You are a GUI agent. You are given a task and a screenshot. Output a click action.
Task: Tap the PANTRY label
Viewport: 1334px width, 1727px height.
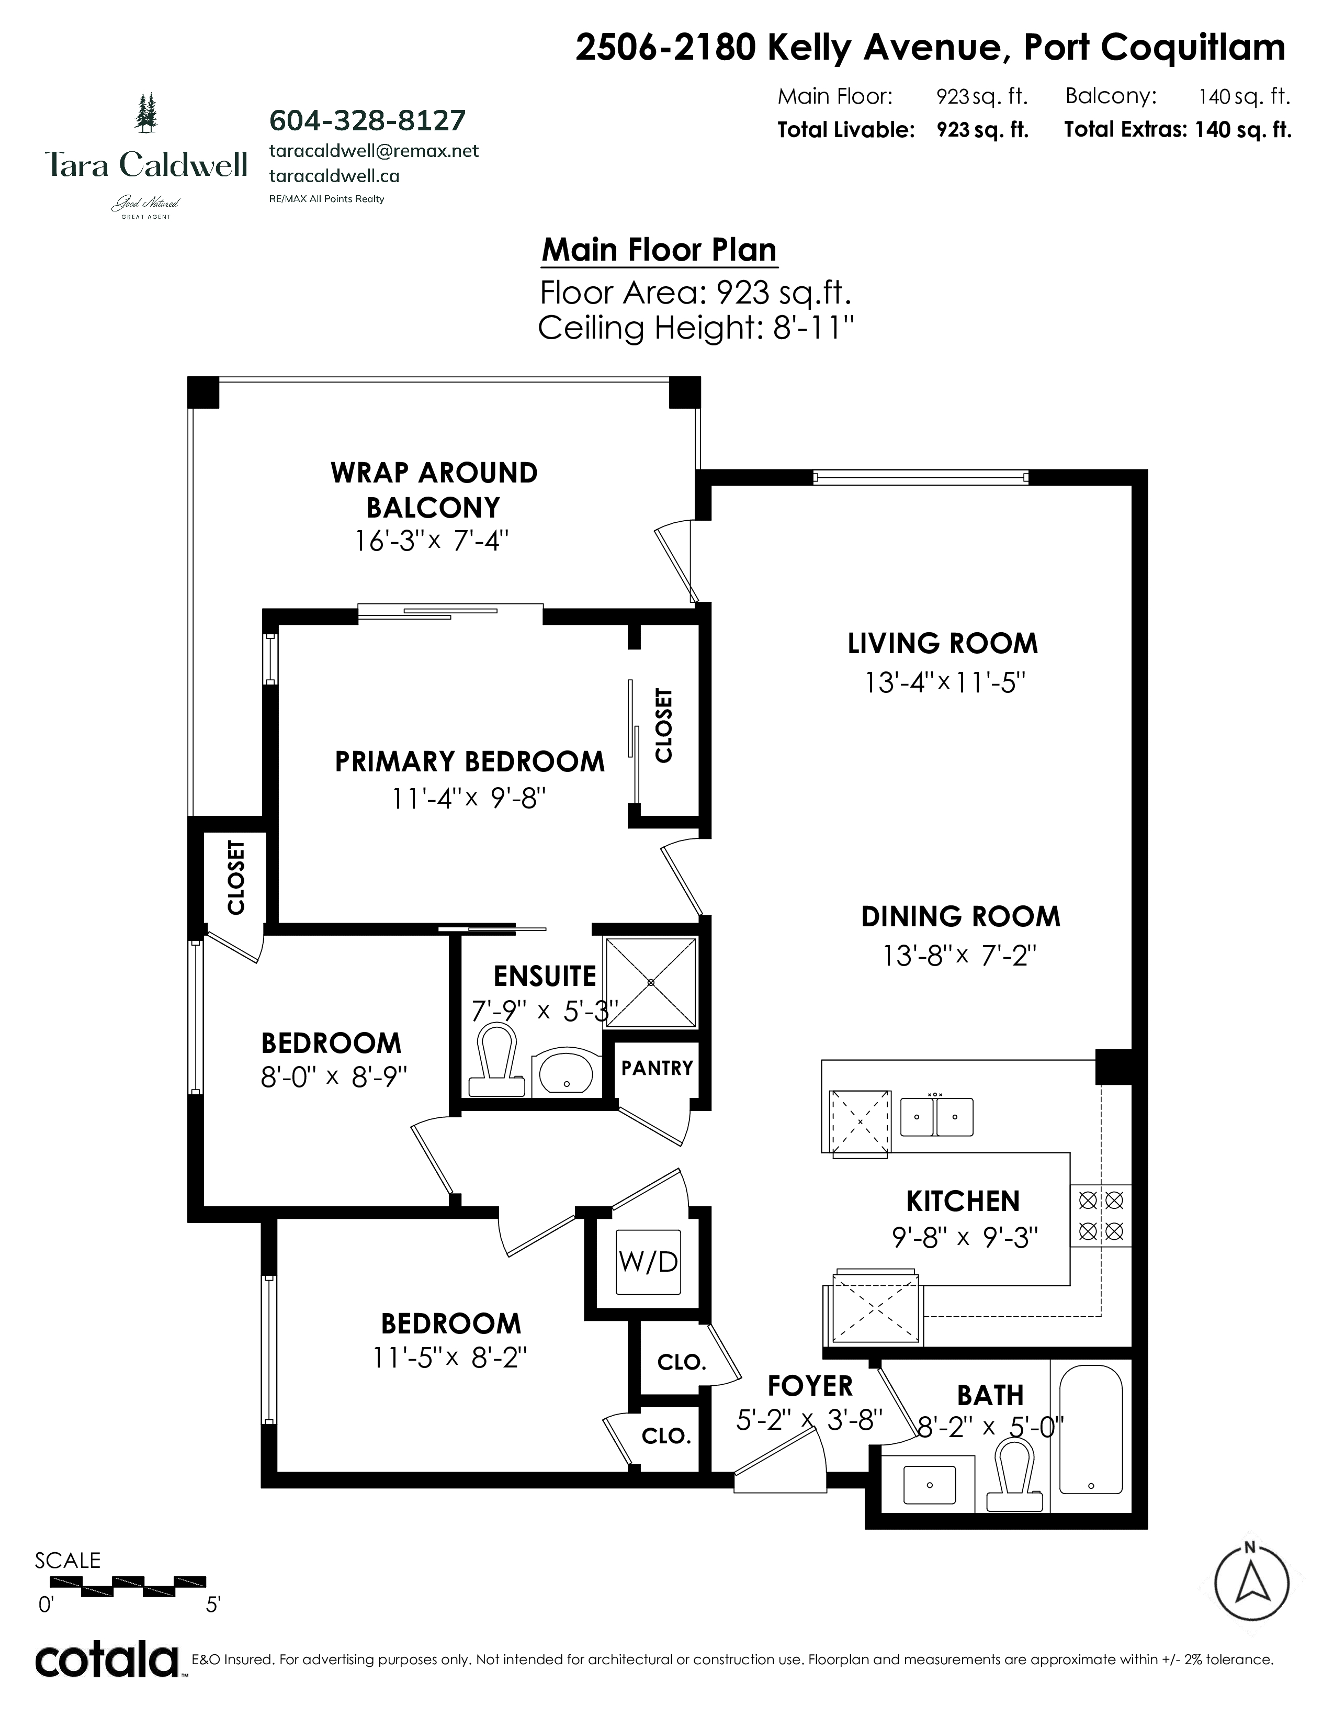pos(657,1068)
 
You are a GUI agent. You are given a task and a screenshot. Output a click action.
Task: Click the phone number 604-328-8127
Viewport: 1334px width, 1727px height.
pos(367,120)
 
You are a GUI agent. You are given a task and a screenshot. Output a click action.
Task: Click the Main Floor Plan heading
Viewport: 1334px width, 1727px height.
pos(659,250)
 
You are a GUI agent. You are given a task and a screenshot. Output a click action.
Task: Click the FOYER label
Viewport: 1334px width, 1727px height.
pos(810,1386)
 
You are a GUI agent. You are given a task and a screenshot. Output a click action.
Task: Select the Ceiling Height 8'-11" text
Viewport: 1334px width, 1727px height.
pos(696,328)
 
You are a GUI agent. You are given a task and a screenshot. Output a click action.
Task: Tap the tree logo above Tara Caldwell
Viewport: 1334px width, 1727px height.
pos(146,113)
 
